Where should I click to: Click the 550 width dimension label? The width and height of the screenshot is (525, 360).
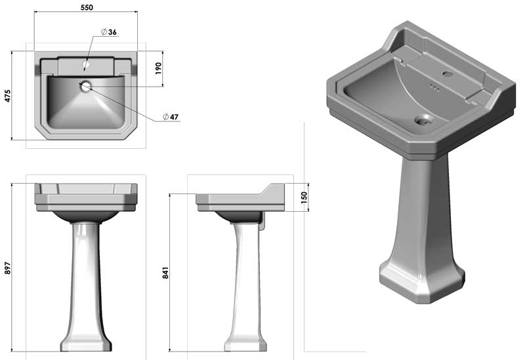(x=87, y=7)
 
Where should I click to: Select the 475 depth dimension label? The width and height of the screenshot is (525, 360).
(x=7, y=96)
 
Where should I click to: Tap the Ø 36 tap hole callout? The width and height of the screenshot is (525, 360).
(x=109, y=31)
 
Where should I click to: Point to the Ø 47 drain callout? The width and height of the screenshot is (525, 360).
(x=171, y=117)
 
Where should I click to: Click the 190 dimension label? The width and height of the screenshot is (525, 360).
(x=158, y=68)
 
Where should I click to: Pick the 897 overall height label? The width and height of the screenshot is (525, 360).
(x=7, y=268)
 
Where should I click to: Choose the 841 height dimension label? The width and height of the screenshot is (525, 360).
(x=165, y=273)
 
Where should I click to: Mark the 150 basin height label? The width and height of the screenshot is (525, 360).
(x=304, y=197)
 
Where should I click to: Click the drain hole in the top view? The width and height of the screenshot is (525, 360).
(x=86, y=87)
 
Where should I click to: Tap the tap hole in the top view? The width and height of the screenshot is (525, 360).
(x=86, y=64)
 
